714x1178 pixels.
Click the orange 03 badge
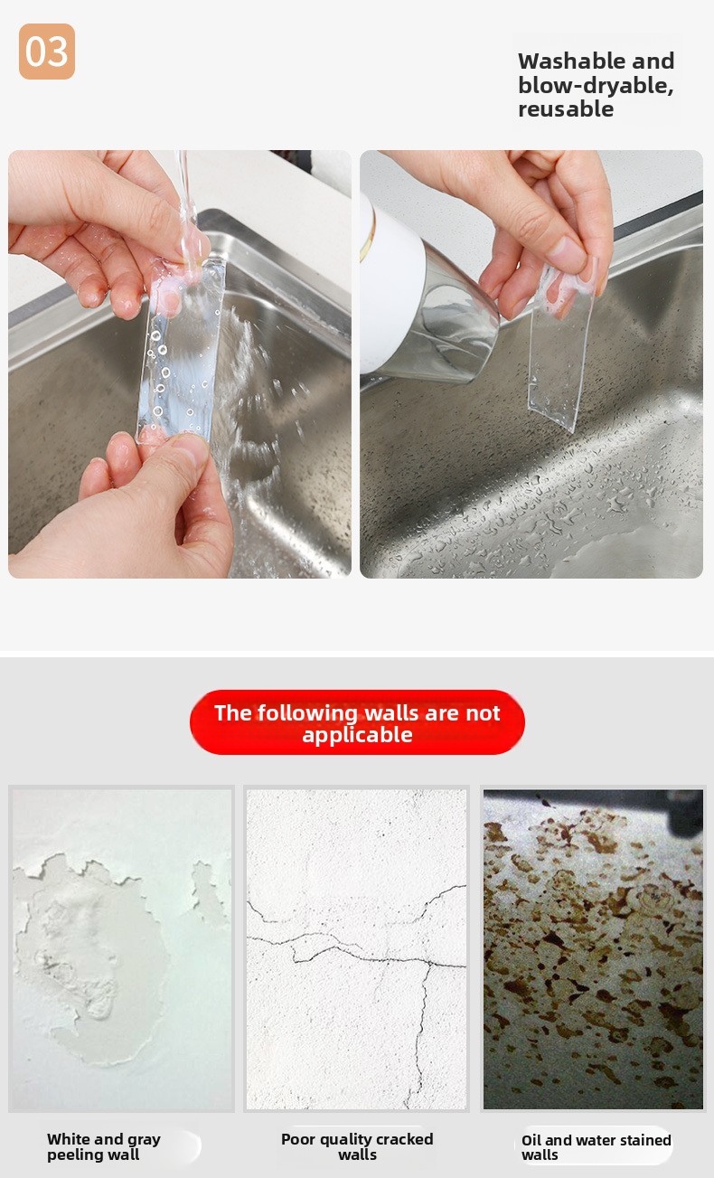(47, 52)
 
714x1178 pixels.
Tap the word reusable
(566, 108)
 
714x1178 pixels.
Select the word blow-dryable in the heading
(596, 85)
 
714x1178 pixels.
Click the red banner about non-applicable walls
(357, 722)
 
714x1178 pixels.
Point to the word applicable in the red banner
(357, 735)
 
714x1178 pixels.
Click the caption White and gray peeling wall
(104, 1146)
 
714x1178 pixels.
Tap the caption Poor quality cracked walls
(357, 1146)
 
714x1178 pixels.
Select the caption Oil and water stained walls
(597, 1147)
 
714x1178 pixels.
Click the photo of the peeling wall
(121, 949)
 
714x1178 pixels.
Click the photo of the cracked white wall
(356, 949)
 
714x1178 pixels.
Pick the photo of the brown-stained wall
(593, 949)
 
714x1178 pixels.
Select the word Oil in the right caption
(531, 1140)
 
